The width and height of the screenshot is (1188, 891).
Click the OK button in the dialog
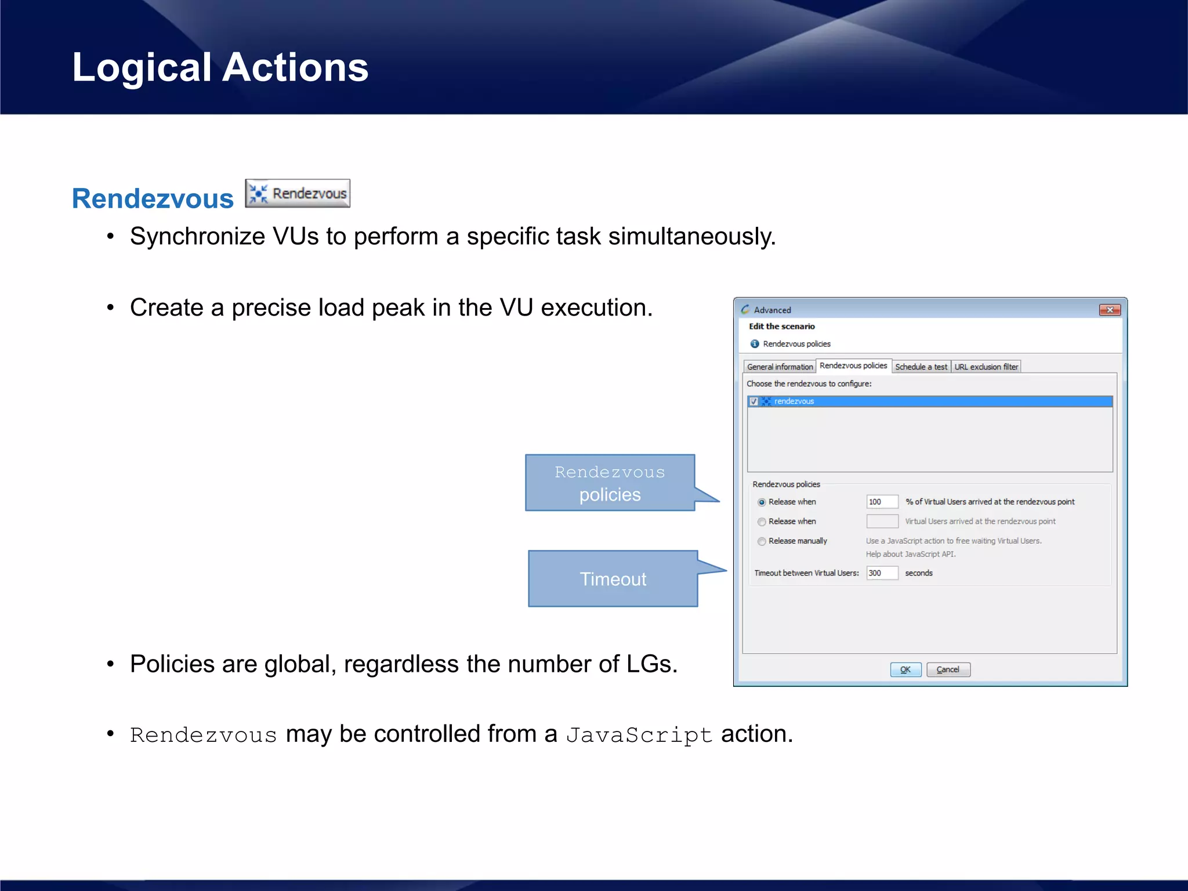point(905,669)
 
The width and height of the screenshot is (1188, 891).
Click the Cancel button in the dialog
point(948,669)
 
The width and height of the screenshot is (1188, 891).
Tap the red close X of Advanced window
point(1109,310)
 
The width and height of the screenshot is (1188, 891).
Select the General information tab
point(780,367)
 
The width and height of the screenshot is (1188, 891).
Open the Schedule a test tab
point(921,367)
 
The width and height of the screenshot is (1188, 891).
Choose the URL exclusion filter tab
point(986,367)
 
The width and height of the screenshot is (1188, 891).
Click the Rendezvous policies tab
point(853,365)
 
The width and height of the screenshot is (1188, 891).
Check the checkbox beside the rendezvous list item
point(754,401)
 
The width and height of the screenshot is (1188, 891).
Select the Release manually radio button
point(762,541)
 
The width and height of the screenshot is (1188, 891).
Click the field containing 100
point(882,502)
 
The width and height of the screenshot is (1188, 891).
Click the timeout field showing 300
point(882,573)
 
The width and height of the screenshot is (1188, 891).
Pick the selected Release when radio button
point(762,502)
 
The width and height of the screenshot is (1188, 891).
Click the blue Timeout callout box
point(613,579)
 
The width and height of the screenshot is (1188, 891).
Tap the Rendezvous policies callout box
point(610,483)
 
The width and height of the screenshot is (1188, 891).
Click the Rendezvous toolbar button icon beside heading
point(298,193)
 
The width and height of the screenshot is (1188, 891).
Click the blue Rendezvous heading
point(153,199)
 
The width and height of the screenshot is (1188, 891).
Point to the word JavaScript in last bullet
point(639,735)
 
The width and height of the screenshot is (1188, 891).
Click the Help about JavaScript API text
point(910,555)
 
